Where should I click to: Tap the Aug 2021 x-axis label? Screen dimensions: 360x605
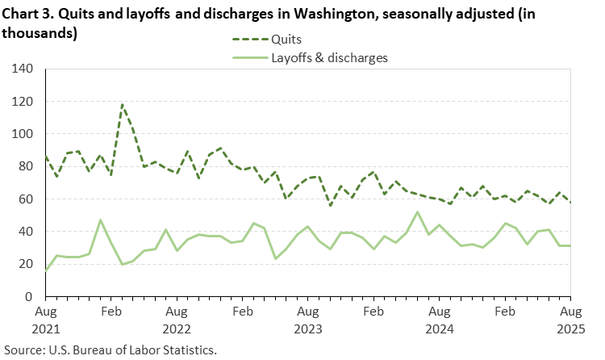tap(46, 319)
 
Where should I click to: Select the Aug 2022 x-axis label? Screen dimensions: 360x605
tap(177, 319)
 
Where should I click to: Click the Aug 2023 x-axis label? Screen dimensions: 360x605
tap(308, 319)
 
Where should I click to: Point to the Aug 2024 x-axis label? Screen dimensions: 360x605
tap(440, 319)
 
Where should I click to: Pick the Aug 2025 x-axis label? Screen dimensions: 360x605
tap(570, 319)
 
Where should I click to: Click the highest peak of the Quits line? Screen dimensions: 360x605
tap(122, 104)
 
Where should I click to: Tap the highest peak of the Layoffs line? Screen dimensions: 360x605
tap(417, 212)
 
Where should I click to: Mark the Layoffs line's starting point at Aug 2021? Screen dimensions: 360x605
tap(46, 270)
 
